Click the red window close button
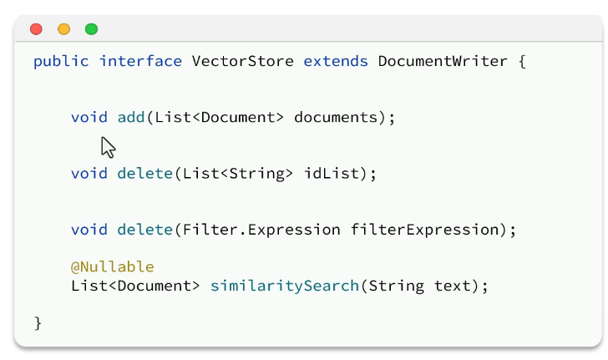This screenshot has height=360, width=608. [36, 29]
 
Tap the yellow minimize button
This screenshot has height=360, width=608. [63, 29]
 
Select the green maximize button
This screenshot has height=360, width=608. [91, 29]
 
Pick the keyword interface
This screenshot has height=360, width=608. [140, 61]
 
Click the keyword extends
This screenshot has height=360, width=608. [336, 61]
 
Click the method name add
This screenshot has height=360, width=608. [131, 118]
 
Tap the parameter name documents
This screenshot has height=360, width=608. [336, 118]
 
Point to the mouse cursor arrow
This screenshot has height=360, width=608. [107, 147]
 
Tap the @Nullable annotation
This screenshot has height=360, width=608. [113, 267]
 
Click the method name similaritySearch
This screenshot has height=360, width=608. [284, 286]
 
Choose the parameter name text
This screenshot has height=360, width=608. [452, 286]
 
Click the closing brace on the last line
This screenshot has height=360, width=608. [38, 322]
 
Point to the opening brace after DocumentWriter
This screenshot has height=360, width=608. [522, 62]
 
